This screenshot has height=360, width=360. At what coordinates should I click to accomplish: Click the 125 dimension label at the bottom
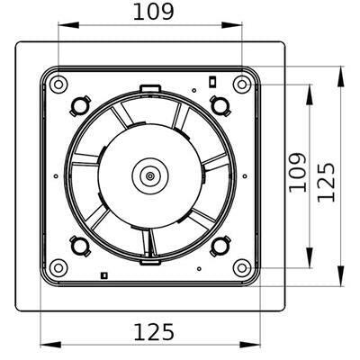pos(153,332)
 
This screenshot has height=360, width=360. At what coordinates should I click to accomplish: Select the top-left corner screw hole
pos(58,85)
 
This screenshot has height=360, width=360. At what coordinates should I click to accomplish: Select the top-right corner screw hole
pos(240,85)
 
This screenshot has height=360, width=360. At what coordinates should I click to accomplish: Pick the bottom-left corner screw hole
pos(58,266)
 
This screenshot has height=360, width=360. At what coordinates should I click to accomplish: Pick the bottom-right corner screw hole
pos(240,266)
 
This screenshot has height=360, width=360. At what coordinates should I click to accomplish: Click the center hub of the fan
pos(147,175)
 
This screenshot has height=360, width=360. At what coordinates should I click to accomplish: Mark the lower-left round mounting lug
pos(78,245)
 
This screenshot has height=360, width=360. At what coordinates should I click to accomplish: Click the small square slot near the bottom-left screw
pos(104,274)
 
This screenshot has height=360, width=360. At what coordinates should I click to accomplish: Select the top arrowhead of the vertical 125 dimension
pos(341,74)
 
